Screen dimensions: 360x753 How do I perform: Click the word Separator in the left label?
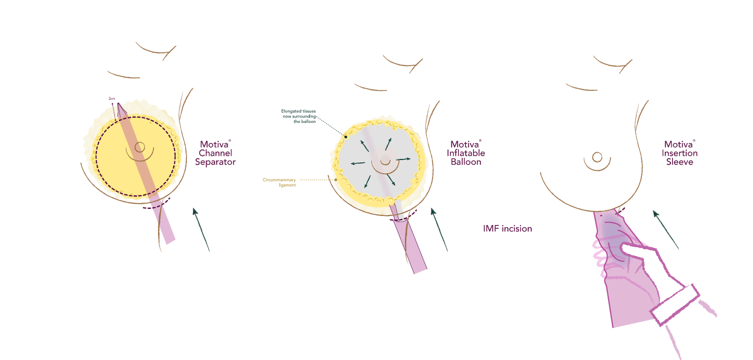pos(215,162)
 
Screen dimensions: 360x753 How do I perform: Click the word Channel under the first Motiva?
pos(216,153)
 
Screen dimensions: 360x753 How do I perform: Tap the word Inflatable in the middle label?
pos(465,153)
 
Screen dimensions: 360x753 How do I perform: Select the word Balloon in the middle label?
pos(466,162)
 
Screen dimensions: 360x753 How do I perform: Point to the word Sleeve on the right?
pos(679,162)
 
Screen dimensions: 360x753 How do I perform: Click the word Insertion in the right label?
pos(679,153)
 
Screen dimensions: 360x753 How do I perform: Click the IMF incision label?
pos(507,229)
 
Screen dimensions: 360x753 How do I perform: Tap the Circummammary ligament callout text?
pos(280,183)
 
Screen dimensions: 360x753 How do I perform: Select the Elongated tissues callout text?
pos(299,116)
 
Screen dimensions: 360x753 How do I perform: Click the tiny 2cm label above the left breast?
pos(112,98)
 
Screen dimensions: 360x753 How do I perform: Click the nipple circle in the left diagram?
pos(140,147)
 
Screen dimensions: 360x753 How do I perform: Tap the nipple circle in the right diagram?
pos(597,157)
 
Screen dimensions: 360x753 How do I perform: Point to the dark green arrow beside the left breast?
pos(201,229)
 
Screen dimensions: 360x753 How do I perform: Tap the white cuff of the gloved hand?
pos(676,302)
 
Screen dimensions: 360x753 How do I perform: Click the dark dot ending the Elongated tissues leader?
pos(346,137)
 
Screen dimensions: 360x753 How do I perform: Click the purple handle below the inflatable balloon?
pos(410,245)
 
